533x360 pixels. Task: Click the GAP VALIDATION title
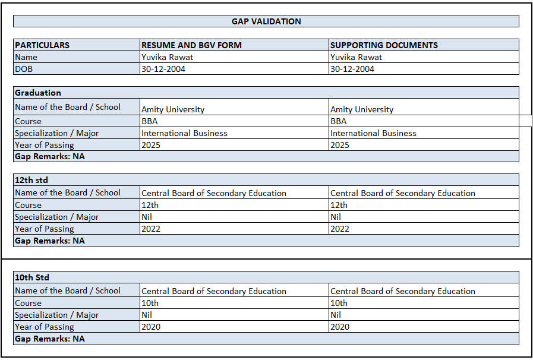(266, 21)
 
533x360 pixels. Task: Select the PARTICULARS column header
(42, 45)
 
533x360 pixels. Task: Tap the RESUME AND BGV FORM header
(191, 45)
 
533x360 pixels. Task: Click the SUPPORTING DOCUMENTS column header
(384, 45)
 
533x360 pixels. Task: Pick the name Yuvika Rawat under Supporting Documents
(356, 57)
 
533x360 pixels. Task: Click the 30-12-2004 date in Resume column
(163, 69)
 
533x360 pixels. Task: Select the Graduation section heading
(38, 93)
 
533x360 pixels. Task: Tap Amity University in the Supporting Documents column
(362, 109)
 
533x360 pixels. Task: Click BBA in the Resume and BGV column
(150, 121)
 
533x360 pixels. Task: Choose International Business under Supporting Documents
(373, 133)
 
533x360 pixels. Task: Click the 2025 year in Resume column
(151, 145)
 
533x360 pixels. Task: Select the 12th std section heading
(31, 179)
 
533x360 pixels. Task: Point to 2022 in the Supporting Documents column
(340, 229)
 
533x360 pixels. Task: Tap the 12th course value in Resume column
(150, 205)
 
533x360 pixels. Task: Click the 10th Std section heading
(32, 277)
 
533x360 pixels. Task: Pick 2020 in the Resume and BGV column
(151, 327)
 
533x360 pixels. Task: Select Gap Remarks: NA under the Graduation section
(50, 157)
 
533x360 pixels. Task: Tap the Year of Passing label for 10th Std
(45, 327)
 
